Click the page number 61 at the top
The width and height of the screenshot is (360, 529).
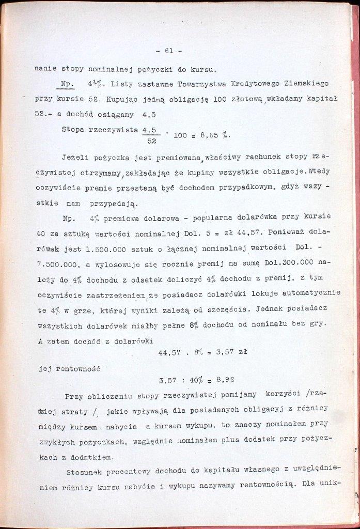point(168,51)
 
